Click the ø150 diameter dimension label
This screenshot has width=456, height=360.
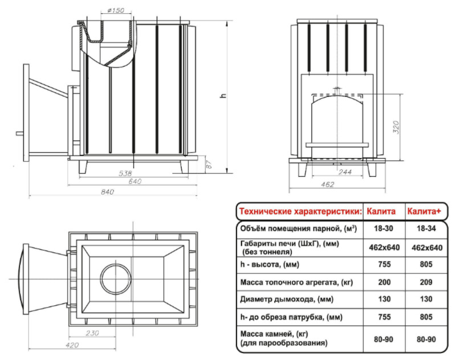(116, 10)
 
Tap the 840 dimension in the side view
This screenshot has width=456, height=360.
(108, 192)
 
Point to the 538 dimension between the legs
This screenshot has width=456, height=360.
(125, 173)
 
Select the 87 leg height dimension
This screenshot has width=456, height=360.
(209, 164)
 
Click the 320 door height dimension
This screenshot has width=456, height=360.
(396, 127)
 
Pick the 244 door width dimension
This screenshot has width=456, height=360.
(345, 172)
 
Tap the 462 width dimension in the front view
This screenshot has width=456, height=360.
(327, 184)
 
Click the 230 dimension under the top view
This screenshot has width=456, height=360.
(92, 333)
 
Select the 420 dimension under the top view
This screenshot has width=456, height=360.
(72, 345)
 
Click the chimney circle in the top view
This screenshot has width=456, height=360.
(116, 279)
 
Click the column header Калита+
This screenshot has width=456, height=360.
(424, 211)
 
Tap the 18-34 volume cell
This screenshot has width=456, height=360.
(426, 228)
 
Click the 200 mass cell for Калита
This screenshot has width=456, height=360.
(384, 282)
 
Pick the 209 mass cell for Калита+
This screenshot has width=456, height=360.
(426, 282)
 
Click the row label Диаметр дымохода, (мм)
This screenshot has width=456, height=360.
(287, 300)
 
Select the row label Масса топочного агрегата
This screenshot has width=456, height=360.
(292, 282)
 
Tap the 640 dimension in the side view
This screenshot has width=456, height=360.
(135, 181)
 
